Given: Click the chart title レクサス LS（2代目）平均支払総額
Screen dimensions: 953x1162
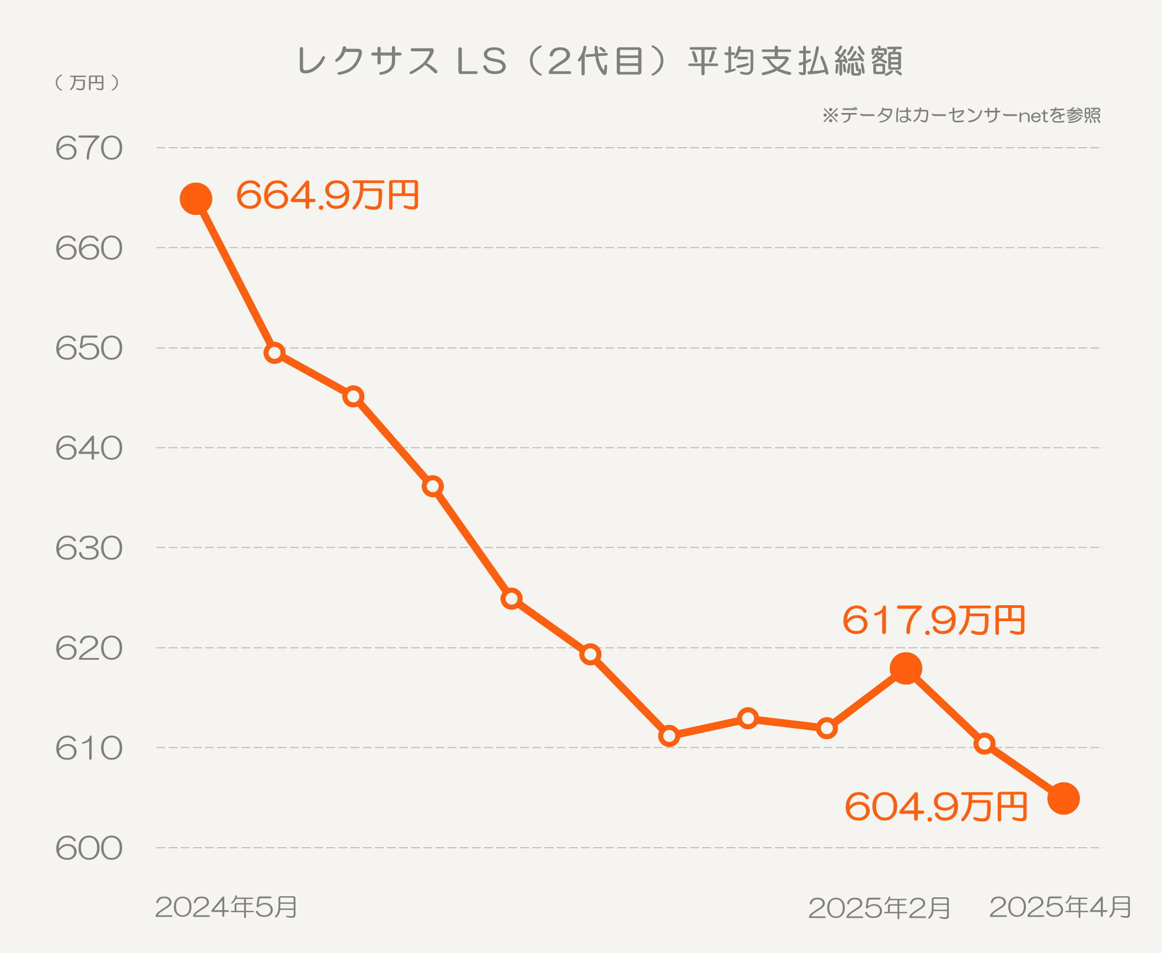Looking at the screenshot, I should point(600,61).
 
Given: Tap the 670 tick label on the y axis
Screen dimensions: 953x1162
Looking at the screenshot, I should point(89,148).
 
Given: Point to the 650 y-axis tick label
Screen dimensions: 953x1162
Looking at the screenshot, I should point(89,348).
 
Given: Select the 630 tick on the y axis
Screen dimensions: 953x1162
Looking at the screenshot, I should point(89,548).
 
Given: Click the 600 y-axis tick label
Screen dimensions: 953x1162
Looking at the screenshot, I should point(89,848).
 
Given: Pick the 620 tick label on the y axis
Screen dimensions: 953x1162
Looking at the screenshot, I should point(89,648).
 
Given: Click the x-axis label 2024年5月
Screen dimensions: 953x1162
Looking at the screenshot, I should point(227,907).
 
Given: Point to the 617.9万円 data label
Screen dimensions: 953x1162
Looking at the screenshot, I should point(934,620).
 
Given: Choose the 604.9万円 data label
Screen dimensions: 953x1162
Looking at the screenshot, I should point(936,807).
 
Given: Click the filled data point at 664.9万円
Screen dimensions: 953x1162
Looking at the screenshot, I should point(196,198).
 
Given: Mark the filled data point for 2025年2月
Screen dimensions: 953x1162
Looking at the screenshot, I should point(906,669).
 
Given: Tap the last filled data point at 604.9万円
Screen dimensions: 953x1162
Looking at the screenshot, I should point(1063,798).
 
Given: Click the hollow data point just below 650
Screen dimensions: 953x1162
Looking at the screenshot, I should point(275,353).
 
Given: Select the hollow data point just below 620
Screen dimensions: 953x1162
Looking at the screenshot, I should point(590,654).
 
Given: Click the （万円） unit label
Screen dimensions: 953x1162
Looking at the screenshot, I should point(88,83).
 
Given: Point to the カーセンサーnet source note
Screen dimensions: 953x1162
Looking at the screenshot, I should point(961,116).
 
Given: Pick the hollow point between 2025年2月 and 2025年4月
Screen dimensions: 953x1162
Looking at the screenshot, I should point(985,744).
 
